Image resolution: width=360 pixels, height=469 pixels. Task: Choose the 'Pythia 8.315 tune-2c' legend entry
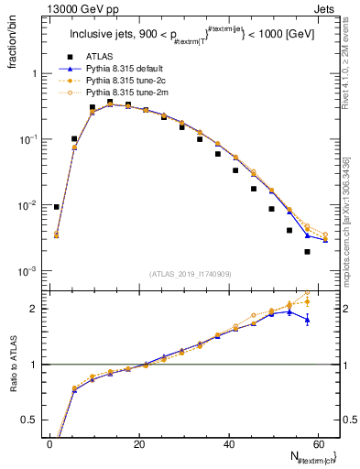(121, 81)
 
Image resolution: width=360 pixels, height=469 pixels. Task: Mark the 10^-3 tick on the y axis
(27, 271)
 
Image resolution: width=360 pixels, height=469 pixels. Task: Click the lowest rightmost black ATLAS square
(307, 252)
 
